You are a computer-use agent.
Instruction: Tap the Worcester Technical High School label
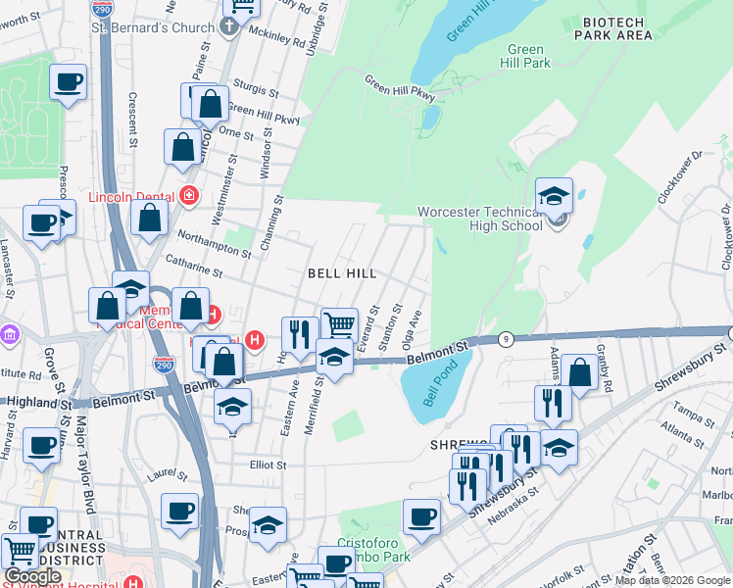479,219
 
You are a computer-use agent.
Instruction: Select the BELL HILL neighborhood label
342,273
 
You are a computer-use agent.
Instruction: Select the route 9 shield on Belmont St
506,339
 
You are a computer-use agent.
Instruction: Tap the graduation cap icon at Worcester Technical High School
554,195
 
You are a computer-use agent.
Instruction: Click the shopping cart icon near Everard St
339,324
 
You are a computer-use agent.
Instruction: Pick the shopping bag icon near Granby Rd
580,373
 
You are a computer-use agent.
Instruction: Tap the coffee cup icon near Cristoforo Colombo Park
421,516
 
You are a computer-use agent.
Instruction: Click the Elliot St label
267,465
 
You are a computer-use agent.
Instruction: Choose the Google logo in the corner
32,576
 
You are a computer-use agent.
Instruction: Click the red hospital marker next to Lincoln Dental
188,196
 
